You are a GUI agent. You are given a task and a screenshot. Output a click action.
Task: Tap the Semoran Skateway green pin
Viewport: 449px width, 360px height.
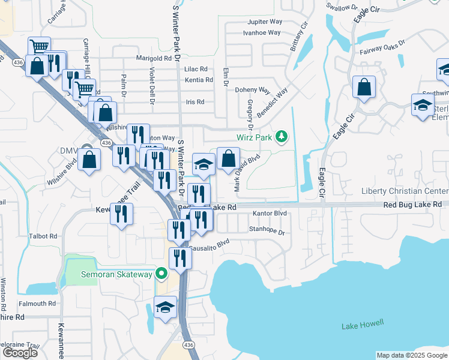pyautogui.click(x=161, y=274)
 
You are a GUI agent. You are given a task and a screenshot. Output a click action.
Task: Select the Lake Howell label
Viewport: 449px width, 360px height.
pyautogui.click(x=363, y=325)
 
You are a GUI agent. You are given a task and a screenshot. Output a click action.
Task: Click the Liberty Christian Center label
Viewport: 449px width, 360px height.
pyautogui.click(x=405, y=191)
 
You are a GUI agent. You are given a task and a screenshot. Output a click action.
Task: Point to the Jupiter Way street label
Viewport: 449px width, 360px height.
pyautogui.click(x=265, y=22)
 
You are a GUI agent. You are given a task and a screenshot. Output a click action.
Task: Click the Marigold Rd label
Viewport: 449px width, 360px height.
pyautogui.click(x=154, y=58)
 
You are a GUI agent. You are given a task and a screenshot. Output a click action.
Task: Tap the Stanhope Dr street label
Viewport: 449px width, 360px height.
pyautogui.click(x=267, y=229)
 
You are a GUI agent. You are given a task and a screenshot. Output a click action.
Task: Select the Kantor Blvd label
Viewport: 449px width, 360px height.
pyautogui.click(x=270, y=213)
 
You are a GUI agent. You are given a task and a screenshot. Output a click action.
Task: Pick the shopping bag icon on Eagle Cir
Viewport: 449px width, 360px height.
pyautogui.click(x=364, y=88)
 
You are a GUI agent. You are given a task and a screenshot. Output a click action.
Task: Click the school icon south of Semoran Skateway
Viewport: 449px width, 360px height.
pyautogui.click(x=165, y=308)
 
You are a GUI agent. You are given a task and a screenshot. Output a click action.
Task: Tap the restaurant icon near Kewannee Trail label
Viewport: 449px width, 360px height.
pyautogui.click(x=122, y=215)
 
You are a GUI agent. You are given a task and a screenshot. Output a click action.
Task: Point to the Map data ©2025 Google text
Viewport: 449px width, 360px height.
pyautogui.click(x=412, y=355)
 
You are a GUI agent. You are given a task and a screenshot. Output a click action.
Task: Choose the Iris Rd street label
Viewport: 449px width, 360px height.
pyautogui.click(x=195, y=102)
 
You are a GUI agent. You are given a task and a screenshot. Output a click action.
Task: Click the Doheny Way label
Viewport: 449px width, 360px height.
pyautogui.click(x=252, y=90)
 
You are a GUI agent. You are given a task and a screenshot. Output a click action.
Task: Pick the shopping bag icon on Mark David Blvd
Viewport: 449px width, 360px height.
pyautogui.click(x=228, y=160)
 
